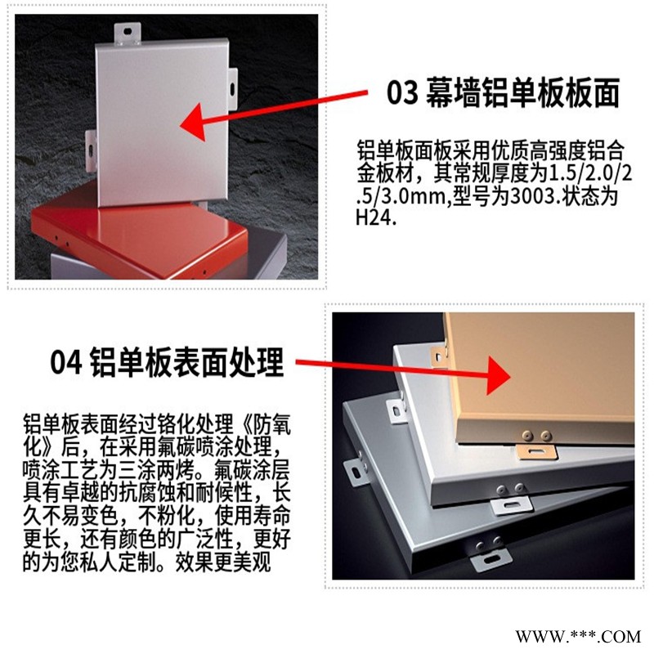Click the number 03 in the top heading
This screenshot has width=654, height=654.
pos(402,92)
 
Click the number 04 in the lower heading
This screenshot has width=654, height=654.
pos(66,362)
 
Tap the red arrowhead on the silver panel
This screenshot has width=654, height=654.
pos(195,122)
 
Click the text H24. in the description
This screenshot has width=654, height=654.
pos(376,217)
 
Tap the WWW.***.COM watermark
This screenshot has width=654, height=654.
pos(578,637)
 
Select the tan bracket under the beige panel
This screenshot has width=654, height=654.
pos(537,452)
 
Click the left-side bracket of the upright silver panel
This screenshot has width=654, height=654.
pos(91,150)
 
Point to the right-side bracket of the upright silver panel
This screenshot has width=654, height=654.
pos(232,90)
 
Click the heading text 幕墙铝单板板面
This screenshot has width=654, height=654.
pos(522,92)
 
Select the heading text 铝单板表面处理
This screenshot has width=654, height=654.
pos(187,362)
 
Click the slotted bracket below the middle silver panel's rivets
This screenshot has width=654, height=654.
pos(512,505)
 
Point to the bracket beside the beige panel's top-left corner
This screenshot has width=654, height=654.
pos(439,356)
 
